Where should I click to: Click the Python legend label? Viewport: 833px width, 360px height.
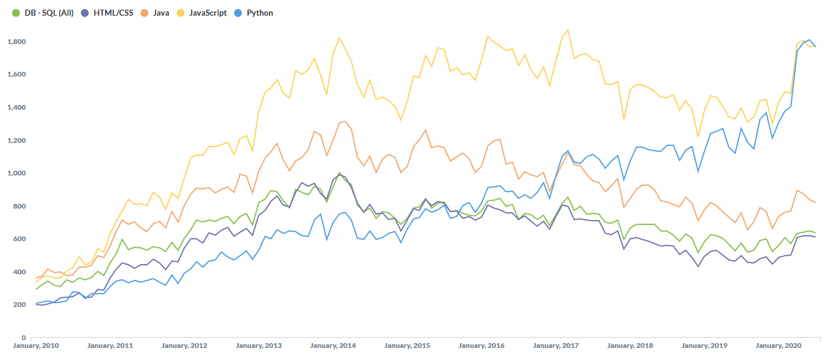pos(259,13)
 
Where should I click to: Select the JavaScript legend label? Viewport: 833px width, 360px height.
pos(209,13)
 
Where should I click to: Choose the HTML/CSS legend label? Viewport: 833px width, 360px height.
pos(113,13)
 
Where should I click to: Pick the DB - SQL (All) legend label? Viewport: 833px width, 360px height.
pos(49,13)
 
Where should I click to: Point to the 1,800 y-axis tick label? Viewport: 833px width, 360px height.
pos(16,42)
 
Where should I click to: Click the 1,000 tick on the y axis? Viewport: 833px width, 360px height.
pos(16,173)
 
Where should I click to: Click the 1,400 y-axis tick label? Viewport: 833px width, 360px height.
pos(16,107)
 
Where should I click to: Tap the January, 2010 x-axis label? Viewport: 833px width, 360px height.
pos(36,346)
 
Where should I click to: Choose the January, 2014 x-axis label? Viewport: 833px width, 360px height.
pos(333,346)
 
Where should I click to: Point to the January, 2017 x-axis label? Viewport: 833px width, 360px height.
pos(556,346)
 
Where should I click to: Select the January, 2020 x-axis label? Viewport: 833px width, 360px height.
pos(779,346)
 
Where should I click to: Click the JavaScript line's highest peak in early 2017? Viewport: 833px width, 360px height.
pos(568,30)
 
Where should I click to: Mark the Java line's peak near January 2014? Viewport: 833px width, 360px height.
pos(344,121)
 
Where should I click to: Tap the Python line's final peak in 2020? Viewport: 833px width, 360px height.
pos(809,40)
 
